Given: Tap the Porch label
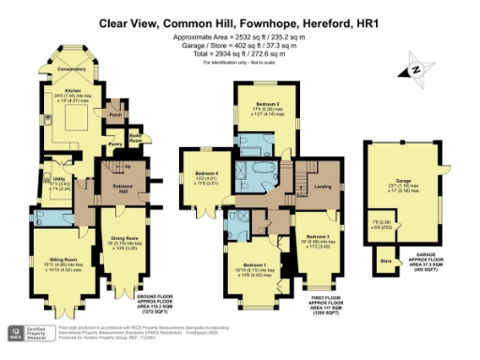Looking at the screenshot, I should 116,117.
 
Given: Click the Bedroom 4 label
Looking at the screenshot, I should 207,174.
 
